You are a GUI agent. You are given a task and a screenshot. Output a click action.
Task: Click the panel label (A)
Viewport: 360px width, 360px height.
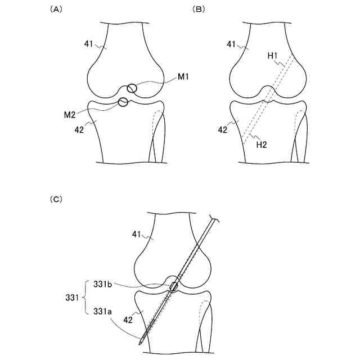[56, 10]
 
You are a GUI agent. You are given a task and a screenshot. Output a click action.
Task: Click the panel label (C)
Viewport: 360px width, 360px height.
[56, 199]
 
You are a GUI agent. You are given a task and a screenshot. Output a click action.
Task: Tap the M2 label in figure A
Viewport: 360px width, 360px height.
[70, 114]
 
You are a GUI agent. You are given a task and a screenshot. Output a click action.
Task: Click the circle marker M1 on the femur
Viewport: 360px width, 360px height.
[132, 88]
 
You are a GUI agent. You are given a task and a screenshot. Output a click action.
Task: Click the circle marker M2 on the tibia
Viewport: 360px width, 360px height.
[123, 102]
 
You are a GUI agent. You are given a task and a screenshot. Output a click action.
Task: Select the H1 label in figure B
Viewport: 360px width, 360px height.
[273, 56]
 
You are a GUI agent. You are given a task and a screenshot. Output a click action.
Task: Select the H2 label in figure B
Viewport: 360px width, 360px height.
[262, 145]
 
